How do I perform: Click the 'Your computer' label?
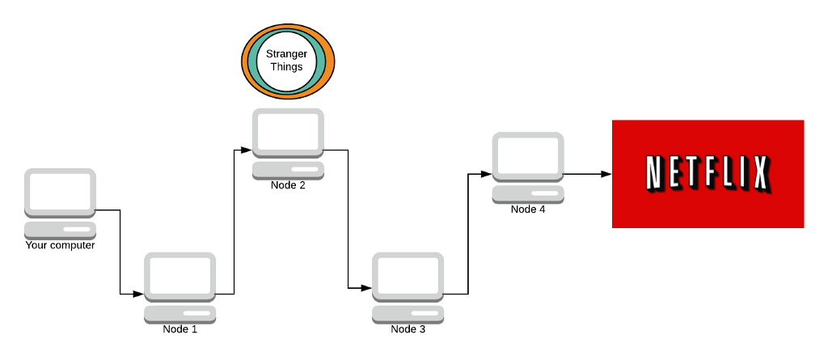pyautogui.click(x=60, y=245)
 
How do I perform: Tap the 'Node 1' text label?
pyautogui.click(x=180, y=329)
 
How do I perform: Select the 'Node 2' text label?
pyautogui.click(x=288, y=185)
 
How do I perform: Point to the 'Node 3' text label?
pyautogui.click(x=408, y=329)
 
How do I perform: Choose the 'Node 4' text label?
pyautogui.click(x=528, y=210)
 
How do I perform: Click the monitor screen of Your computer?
pyautogui.click(x=60, y=191)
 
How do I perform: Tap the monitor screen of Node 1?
pyautogui.click(x=180, y=275)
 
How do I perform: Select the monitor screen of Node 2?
pyautogui.click(x=288, y=131)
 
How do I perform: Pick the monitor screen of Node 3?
pyautogui.click(x=408, y=275)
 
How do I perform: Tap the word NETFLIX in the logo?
pyautogui.click(x=708, y=174)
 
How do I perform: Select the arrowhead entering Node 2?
pyautogui.click(x=247, y=150)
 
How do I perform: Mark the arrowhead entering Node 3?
pyautogui.click(x=366, y=288)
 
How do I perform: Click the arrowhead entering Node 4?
pyautogui.click(x=487, y=174)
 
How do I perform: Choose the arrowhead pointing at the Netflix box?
pyautogui.click(x=606, y=174)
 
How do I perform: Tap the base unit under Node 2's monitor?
pyautogui.click(x=288, y=170)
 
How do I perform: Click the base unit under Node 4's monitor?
pyautogui.click(x=528, y=194)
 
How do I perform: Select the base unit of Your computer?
pyautogui.click(x=60, y=230)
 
